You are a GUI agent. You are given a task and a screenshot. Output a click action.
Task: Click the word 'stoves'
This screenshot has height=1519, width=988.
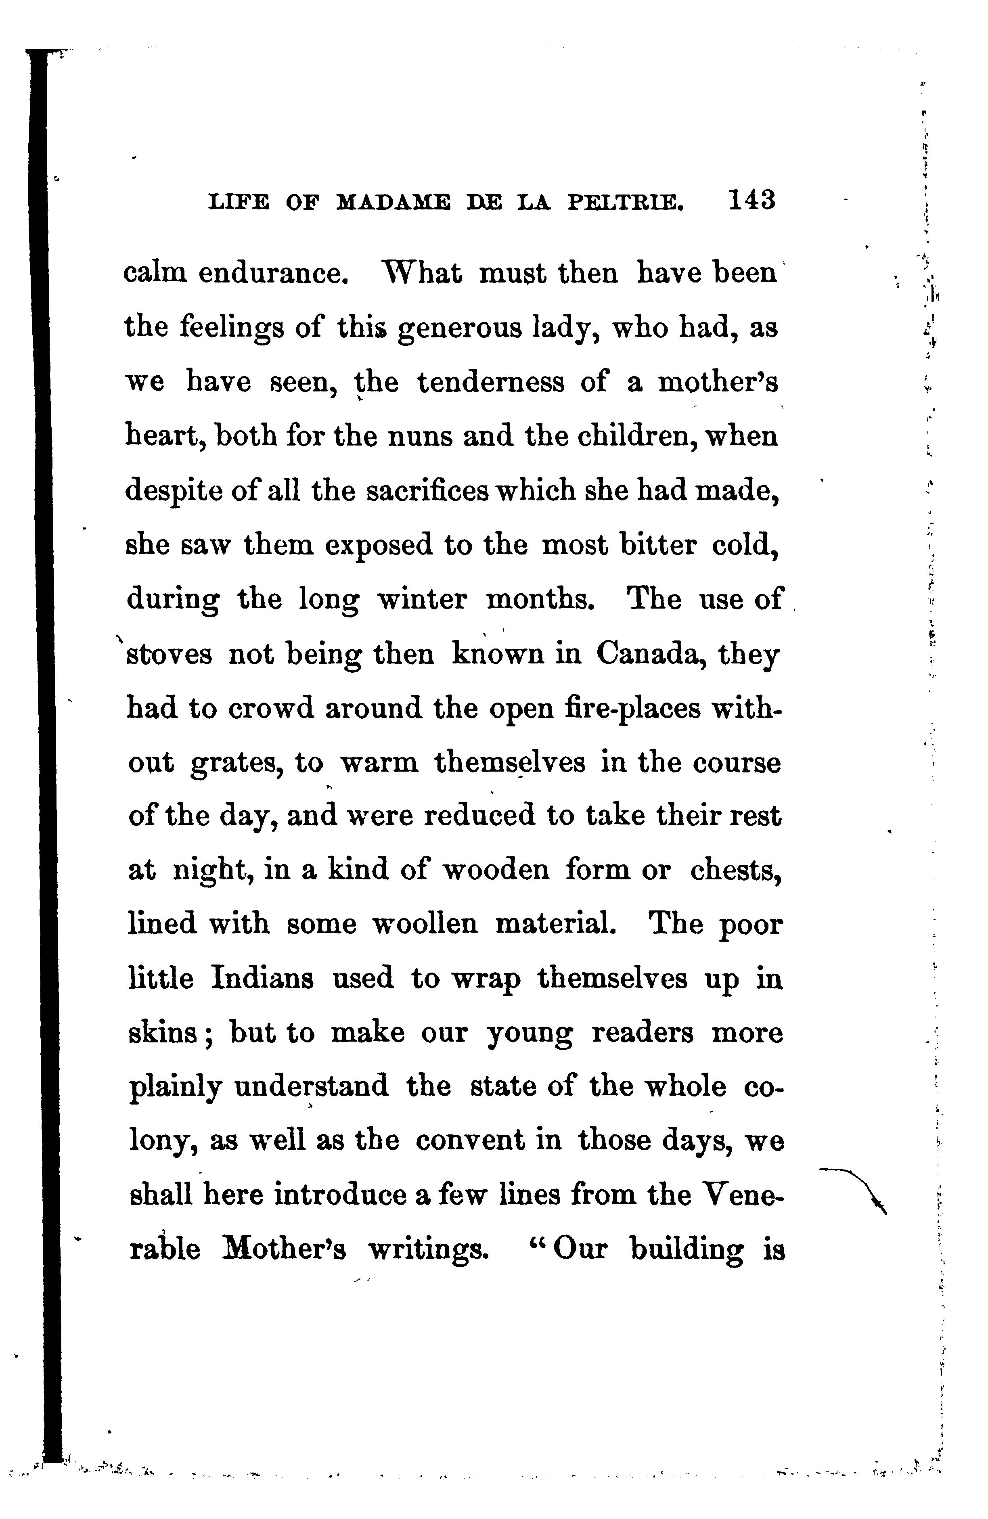pos(169,655)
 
